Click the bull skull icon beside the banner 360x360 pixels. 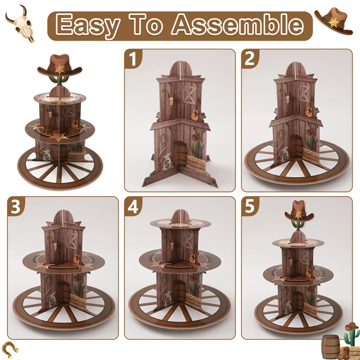click(20, 24)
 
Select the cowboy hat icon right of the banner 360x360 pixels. click(333, 21)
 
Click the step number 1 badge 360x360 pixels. click(133, 59)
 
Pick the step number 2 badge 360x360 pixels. click(250, 59)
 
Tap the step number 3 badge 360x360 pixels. click(16, 207)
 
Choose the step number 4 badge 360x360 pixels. click(133, 207)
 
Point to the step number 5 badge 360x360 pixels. click(250, 207)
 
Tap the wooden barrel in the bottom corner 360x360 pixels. click(331, 346)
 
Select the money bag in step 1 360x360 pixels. click(167, 161)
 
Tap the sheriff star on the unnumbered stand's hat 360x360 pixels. click(60, 69)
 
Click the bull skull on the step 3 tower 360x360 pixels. click(55, 246)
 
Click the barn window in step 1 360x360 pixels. click(189, 94)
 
